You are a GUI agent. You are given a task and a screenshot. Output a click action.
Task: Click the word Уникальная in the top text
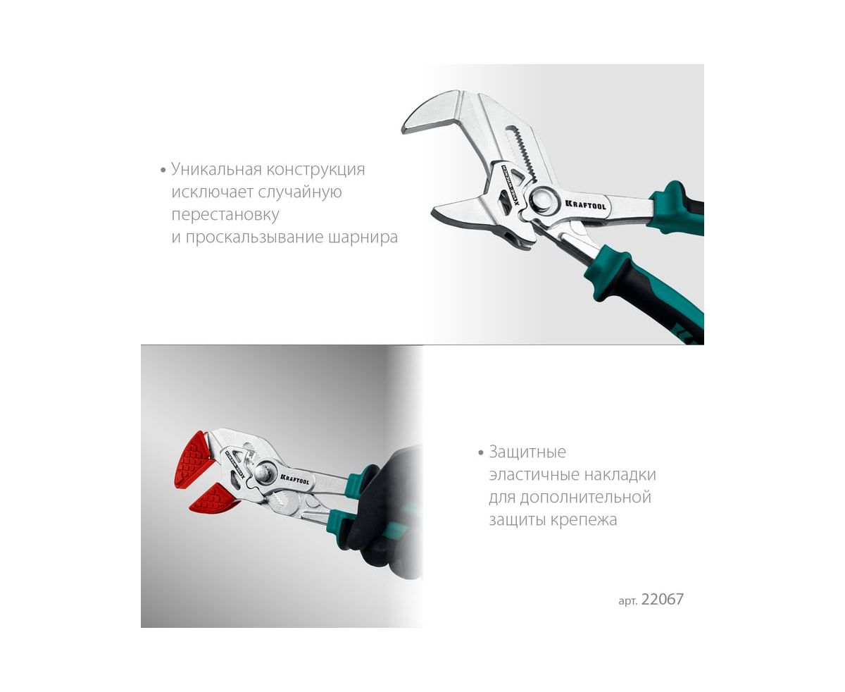[216, 169]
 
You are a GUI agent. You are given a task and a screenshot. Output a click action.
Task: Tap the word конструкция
[315, 170]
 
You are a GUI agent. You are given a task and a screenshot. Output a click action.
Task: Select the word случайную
[300, 192]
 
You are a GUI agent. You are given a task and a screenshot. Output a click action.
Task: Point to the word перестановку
[225, 215]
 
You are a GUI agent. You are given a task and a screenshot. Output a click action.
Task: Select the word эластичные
[534, 475]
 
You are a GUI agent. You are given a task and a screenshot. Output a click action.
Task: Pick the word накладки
[620, 475]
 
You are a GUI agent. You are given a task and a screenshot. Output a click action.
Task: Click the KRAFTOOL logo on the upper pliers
[585, 204]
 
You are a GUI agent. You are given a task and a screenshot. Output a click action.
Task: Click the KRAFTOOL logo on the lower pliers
[294, 478]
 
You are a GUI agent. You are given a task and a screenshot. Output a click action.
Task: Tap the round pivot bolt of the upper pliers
[544, 199]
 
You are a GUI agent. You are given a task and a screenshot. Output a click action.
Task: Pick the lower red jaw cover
[213, 498]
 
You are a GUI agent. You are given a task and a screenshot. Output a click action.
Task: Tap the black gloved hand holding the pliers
[384, 513]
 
